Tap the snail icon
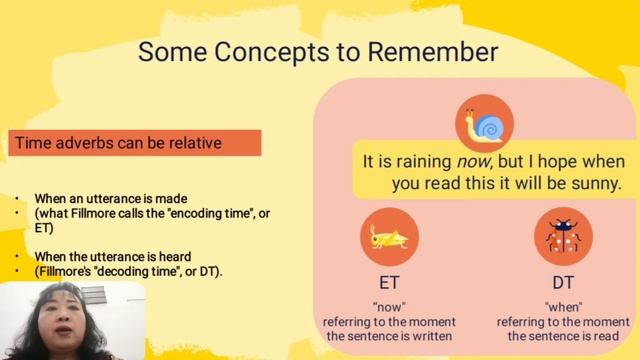click(x=484, y=126)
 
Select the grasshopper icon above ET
click(x=389, y=237)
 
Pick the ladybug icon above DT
click(x=563, y=237)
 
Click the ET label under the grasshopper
click(x=389, y=283)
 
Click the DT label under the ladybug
click(x=563, y=283)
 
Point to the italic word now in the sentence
click(x=475, y=162)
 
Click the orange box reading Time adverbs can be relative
click(x=136, y=143)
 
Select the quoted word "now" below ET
click(x=389, y=307)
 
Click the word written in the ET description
click(x=430, y=336)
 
